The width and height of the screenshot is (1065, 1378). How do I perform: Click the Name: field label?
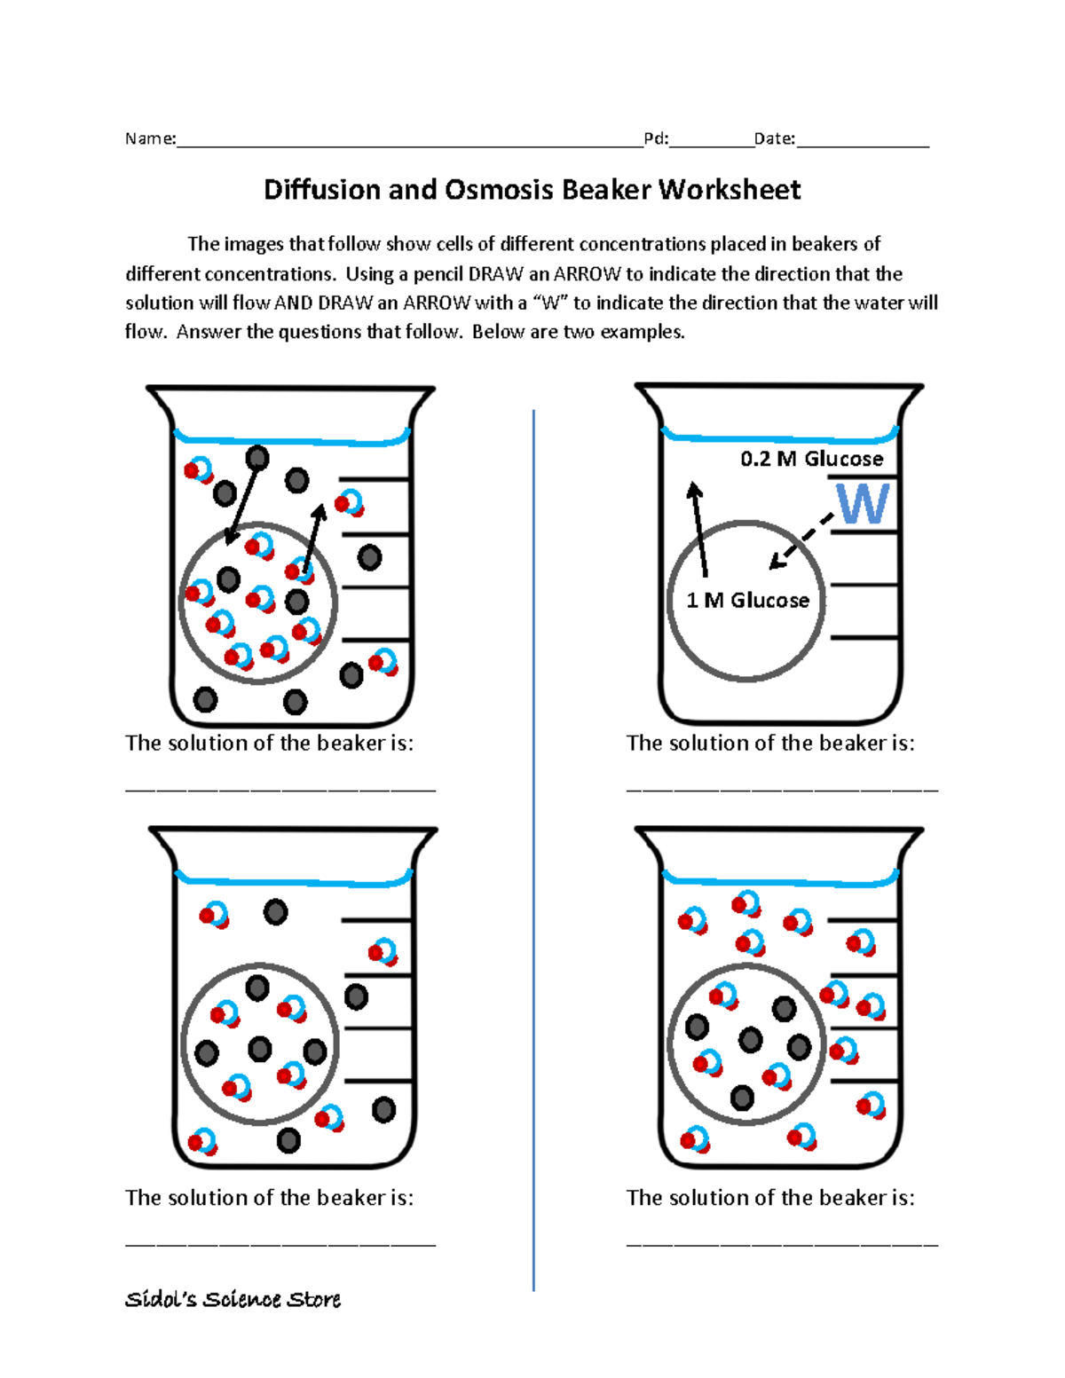click(150, 138)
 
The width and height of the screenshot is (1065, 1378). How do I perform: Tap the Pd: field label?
click(656, 138)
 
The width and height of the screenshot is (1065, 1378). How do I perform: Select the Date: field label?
click(774, 138)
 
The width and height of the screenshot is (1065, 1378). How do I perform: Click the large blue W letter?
click(862, 503)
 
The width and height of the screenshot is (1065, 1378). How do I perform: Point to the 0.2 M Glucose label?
click(811, 459)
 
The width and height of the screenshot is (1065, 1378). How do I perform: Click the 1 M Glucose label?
click(747, 601)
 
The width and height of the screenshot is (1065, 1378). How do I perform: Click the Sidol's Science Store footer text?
click(233, 1299)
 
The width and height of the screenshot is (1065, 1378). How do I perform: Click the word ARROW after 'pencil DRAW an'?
click(586, 274)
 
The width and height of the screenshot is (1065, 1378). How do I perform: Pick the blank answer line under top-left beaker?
click(280, 788)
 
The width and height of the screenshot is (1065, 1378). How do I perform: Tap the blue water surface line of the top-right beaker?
click(781, 437)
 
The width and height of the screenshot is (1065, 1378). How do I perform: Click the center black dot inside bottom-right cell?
click(750, 1039)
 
